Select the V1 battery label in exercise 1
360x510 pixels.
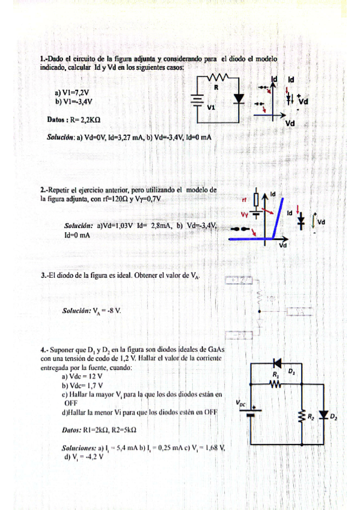(212, 107)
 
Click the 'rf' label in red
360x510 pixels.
(244, 200)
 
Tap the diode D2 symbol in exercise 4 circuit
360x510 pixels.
(326, 414)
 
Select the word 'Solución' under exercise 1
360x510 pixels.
(60, 137)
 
